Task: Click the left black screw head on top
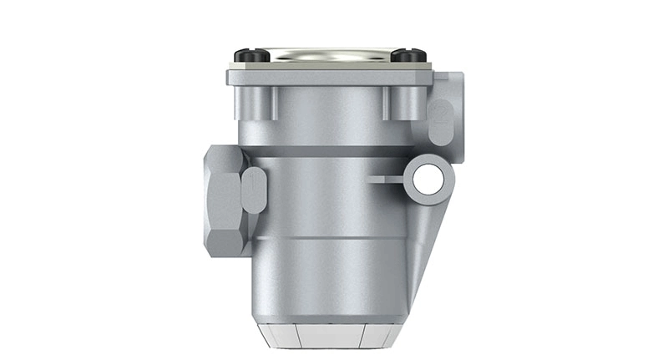(251, 56)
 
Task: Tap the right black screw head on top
(408, 56)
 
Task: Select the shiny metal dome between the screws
(330, 54)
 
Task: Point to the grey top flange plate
(330, 78)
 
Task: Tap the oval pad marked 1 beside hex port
(254, 190)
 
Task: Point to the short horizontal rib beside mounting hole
(387, 178)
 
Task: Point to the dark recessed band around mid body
(334, 152)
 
